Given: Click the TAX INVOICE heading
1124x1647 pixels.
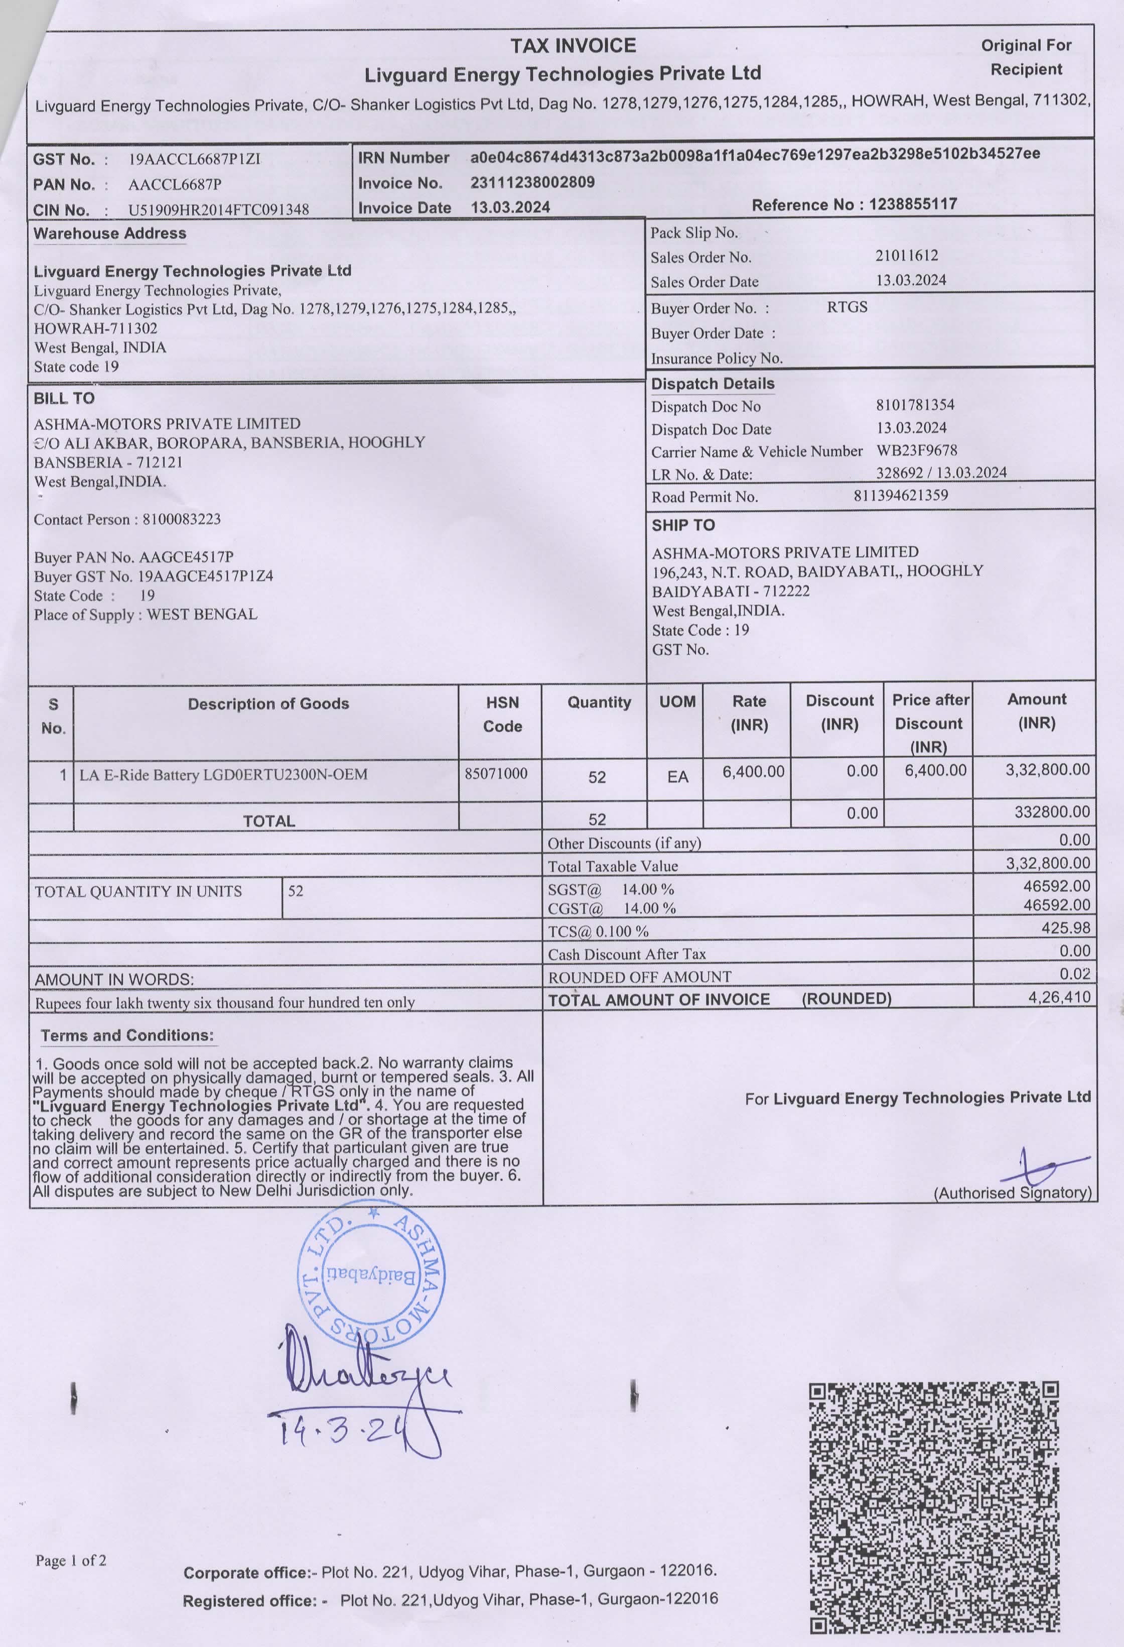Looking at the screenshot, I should (x=573, y=46).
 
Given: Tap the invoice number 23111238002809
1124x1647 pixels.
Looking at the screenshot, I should (x=532, y=182).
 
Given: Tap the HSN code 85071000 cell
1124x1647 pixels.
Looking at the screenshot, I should (x=496, y=774).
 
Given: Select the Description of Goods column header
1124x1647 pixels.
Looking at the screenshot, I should (x=268, y=703).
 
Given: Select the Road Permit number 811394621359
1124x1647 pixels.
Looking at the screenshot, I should (x=900, y=496).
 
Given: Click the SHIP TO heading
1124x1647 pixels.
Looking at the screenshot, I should (x=683, y=525).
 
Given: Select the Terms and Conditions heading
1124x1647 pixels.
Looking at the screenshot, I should (x=127, y=1035).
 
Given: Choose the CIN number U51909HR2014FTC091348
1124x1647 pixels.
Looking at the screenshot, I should (x=218, y=210).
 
